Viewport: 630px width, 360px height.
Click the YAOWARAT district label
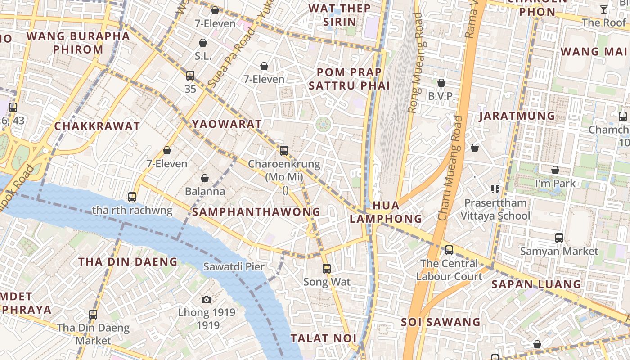click(x=227, y=124)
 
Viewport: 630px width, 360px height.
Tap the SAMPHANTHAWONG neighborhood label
click(x=256, y=212)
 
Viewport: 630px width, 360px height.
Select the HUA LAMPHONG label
click(x=386, y=212)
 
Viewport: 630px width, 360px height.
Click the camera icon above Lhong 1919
click(x=207, y=299)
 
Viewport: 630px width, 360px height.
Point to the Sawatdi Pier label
click(x=234, y=266)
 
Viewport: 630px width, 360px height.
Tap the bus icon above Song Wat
click(x=327, y=269)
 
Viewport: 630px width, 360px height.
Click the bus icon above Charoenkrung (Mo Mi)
click(x=284, y=151)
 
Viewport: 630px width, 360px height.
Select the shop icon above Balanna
click(x=205, y=178)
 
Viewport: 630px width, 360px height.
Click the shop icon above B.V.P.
click(x=441, y=83)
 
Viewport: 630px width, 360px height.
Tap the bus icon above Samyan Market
click(x=559, y=238)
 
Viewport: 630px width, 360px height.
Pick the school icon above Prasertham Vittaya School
click(x=495, y=189)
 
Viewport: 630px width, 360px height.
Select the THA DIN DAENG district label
click(x=128, y=261)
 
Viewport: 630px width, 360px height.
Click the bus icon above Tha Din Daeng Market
click(x=93, y=315)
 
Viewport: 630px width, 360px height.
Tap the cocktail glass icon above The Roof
click(x=604, y=9)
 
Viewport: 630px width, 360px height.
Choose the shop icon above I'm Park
click(x=555, y=170)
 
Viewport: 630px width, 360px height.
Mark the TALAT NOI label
click(x=324, y=338)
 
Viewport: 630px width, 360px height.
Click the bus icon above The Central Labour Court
click(x=449, y=250)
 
